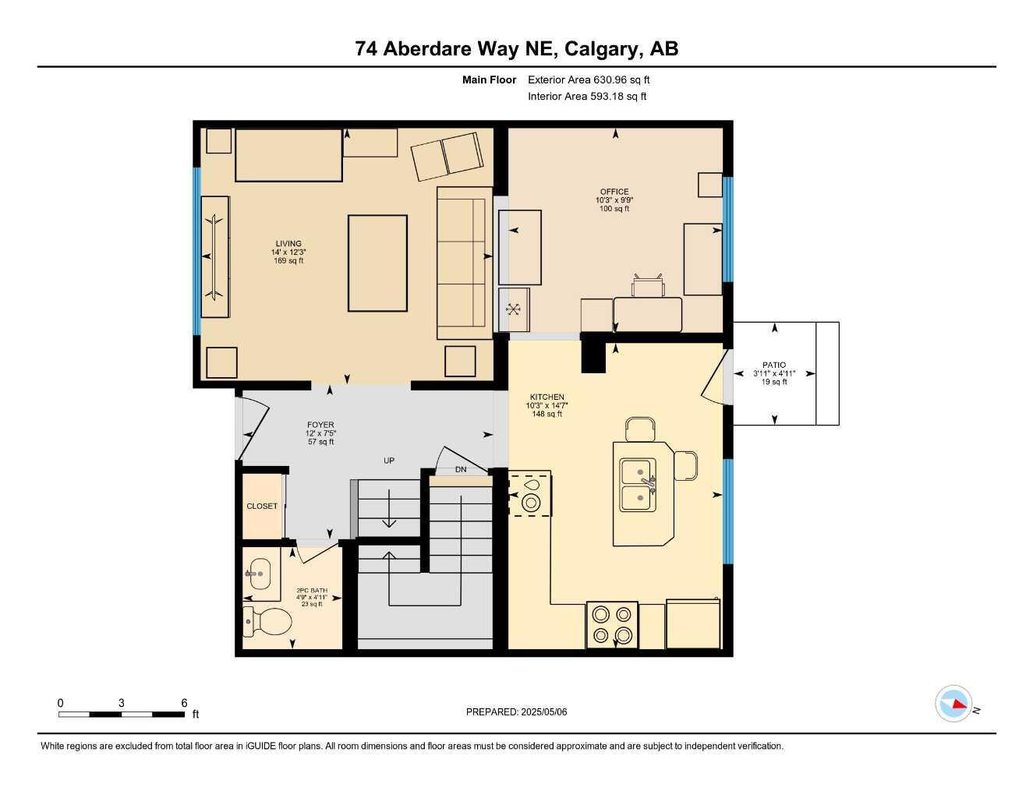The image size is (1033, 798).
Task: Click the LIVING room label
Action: tap(288, 244)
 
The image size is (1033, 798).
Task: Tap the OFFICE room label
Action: tap(614, 192)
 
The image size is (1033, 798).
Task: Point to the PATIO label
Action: tap(773, 365)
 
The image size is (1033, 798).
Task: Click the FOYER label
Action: tap(320, 425)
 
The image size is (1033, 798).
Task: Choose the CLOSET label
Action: tap(262, 507)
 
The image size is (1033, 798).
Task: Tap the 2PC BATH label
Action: tap(312, 591)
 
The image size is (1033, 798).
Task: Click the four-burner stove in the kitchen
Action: tap(611, 625)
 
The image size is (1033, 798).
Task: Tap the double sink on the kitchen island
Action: tap(639, 485)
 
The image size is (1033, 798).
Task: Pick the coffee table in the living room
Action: tap(377, 263)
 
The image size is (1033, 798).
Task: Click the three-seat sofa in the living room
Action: tap(464, 263)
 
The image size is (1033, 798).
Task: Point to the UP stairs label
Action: tap(388, 461)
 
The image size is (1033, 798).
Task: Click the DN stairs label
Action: tap(461, 470)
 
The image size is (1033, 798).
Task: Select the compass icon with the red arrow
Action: tap(953, 704)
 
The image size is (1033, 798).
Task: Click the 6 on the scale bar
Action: tap(184, 703)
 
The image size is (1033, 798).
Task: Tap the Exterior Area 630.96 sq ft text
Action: tap(589, 79)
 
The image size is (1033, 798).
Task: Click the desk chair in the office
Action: tap(648, 286)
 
